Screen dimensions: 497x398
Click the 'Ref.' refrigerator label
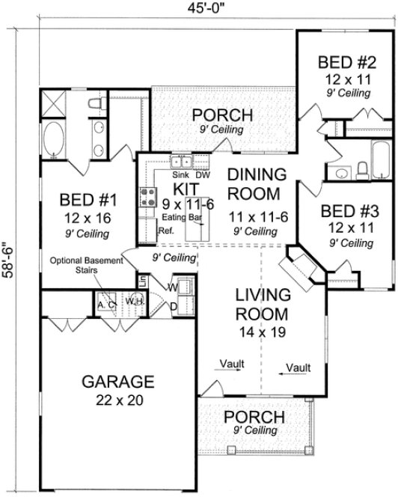point(166,231)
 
